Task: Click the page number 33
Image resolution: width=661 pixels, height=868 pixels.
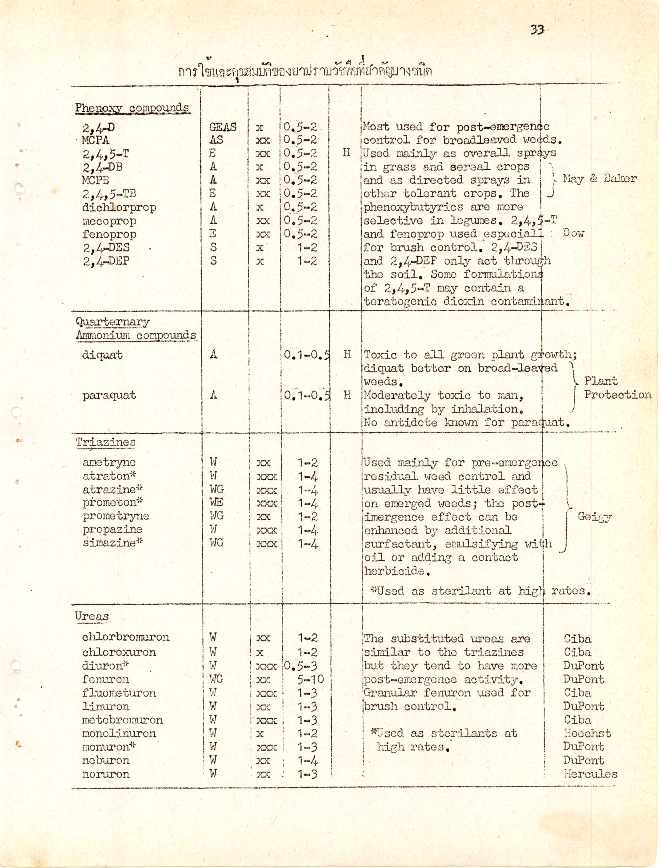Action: [x=537, y=30]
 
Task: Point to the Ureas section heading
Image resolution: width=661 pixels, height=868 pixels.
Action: [x=92, y=616]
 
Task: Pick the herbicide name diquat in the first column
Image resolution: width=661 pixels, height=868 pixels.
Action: [x=102, y=355]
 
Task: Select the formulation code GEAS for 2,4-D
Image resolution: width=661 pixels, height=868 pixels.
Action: [x=223, y=127]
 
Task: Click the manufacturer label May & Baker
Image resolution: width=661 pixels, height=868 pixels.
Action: [x=600, y=179]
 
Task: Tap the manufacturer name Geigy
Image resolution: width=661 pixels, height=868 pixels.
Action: [x=594, y=516]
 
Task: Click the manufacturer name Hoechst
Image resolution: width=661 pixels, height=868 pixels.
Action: [x=587, y=733]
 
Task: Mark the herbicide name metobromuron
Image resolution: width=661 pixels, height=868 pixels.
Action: [x=122, y=720]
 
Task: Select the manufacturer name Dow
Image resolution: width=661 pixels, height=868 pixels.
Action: [x=573, y=233]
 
